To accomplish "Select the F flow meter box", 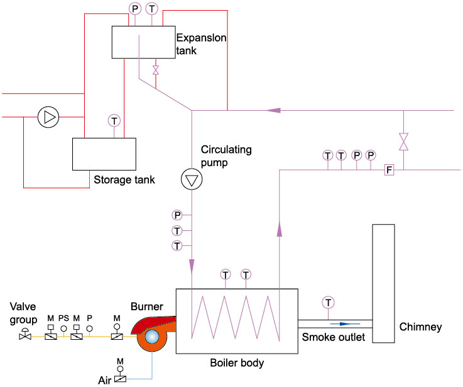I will click(x=389, y=169).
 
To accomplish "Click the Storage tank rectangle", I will click(x=104, y=154).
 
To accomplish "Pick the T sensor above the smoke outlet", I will click(x=327, y=302).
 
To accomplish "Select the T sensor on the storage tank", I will click(x=114, y=120).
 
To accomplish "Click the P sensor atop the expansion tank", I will click(x=134, y=8).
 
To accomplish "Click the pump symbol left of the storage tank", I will click(x=47, y=117).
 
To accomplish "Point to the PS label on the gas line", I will click(x=63, y=318).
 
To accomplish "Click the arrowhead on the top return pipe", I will click(x=273, y=110).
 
